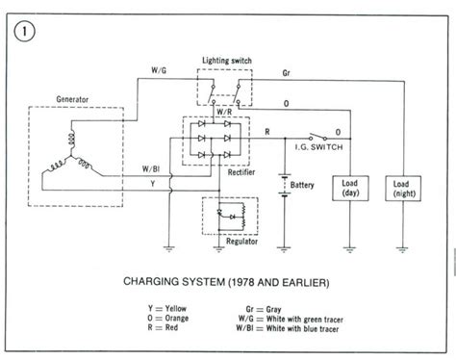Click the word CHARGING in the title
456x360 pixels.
tap(158, 271)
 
